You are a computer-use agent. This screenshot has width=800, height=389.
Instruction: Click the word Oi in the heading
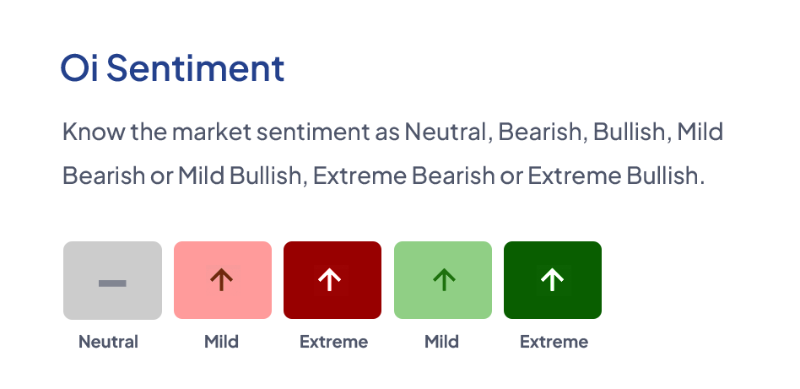[x=79, y=68]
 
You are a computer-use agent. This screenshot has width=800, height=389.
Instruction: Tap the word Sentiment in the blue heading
[x=196, y=68]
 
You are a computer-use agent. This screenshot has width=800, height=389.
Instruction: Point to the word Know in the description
[x=94, y=132]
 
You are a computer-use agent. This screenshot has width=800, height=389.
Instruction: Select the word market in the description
[x=212, y=132]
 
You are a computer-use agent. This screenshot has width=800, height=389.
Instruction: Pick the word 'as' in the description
[x=387, y=134]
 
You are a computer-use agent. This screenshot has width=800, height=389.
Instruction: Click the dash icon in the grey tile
[x=112, y=284]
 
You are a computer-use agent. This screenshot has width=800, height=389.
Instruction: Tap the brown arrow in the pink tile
[x=222, y=280]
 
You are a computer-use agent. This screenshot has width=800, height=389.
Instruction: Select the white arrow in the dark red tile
[x=330, y=280]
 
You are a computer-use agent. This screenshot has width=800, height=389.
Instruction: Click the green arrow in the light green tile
[x=444, y=280]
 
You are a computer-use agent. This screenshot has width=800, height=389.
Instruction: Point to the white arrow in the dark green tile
[x=552, y=280]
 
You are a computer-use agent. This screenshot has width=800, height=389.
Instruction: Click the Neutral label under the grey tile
[x=108, y=342]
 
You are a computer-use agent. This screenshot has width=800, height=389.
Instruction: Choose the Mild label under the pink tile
[x=221, y=342]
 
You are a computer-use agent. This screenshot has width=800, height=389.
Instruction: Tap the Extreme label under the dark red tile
[x=333, y=342]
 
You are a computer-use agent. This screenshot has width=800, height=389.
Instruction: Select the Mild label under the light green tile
[x=442, y=342]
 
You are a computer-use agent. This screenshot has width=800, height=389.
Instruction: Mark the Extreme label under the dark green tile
[x=554, y=342]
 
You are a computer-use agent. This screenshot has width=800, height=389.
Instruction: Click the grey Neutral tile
[x=113, y=280]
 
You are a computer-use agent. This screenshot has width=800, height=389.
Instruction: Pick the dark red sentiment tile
[x=332, y=280]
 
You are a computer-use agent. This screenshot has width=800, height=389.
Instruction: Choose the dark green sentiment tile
[x=553, y=280]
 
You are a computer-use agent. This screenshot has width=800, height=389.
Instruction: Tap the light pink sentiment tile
[x=223, y=280]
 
